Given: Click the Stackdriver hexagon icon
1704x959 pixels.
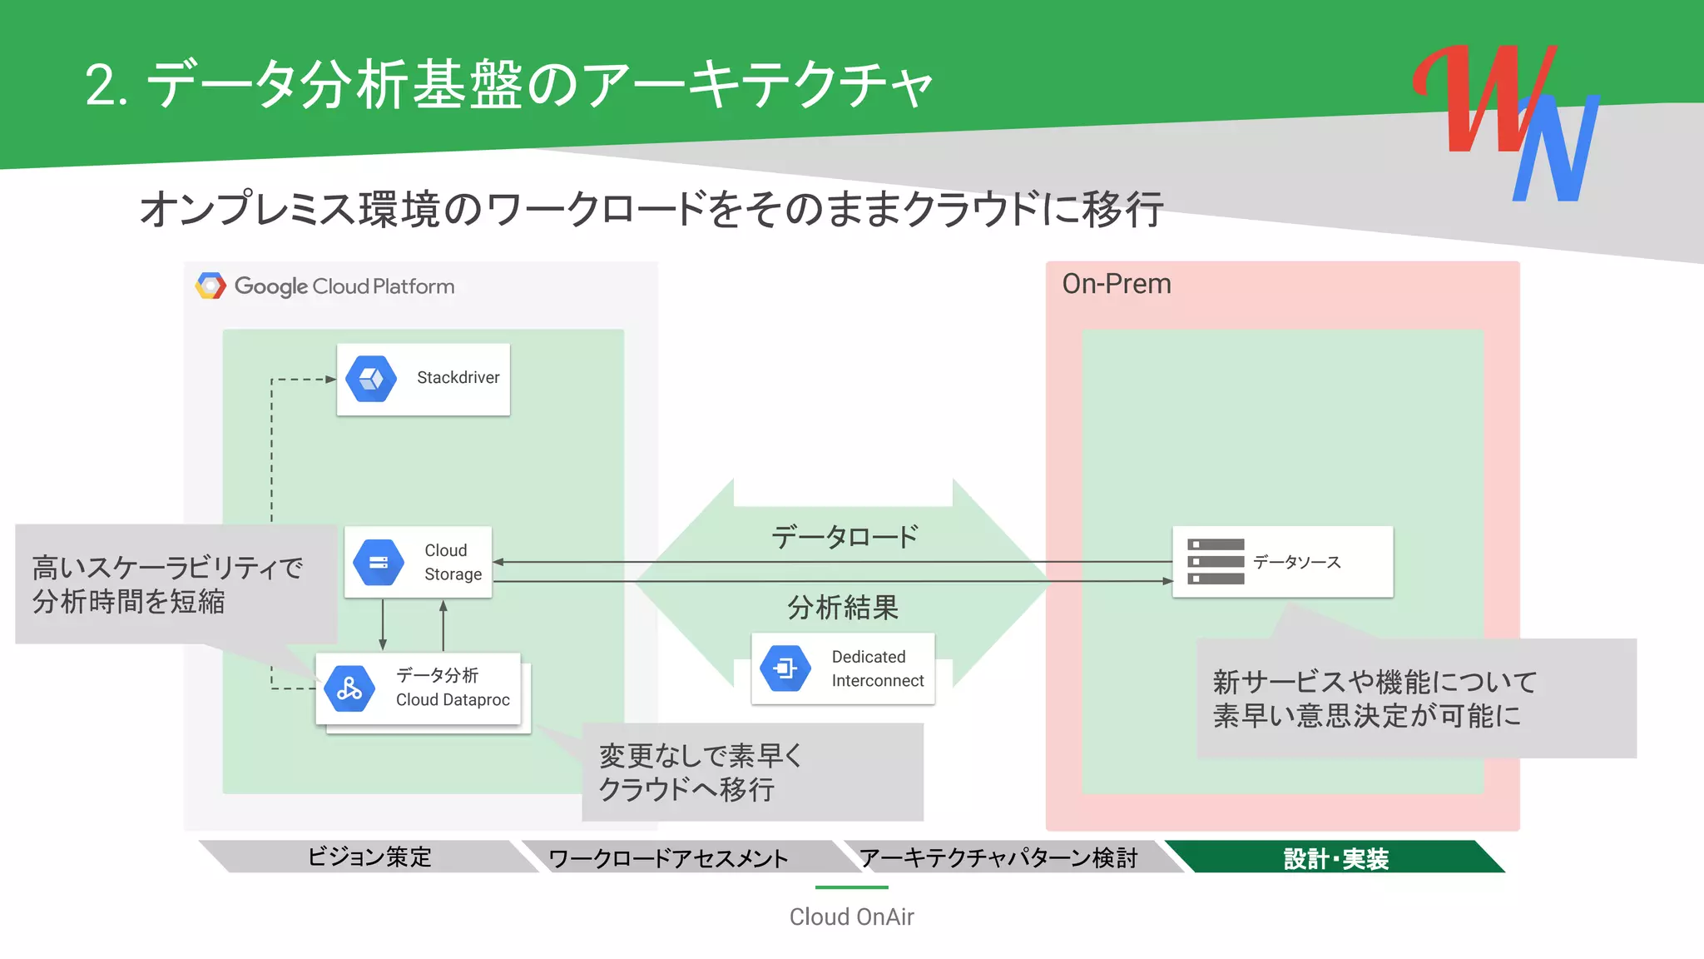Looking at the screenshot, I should pyautogui.click(x=371, y=379).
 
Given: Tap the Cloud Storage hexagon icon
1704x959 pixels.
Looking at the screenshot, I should pyautogui.click(x=379, y=562).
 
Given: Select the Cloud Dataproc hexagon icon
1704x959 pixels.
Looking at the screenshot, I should pyautogui.click(x=349, y=688).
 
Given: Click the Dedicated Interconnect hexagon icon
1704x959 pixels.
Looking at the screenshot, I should pyautogui.click(x=785, y=668).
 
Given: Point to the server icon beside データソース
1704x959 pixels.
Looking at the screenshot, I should pyautogui.click(x=1216, y=562).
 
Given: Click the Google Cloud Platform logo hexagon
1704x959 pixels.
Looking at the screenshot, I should pyautogui.click(x=211, y=286).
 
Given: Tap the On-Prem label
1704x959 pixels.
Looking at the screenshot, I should pyautogui.click(x=1116, y=284).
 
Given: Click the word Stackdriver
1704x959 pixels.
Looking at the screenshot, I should pyautogui.click(x=458, y=378).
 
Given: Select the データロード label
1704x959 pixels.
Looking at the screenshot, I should pyautogui.click(x=845, y=537).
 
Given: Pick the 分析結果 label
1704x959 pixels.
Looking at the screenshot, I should pyautogui.click(x=843, y=608).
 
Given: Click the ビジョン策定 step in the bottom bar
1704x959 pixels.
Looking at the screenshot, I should pyautogui.click(x=369, y=857).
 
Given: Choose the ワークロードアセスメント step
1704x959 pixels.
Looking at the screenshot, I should pyautogui.click(x=668, y=858).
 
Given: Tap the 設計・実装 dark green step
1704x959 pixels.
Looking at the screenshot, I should pyautogui.click(x=1335, y=858).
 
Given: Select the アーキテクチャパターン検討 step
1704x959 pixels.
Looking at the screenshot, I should pyautogui.click(x=998, y=858).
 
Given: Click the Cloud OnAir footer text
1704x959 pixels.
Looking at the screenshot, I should pyautogui.click(x=851, y=917).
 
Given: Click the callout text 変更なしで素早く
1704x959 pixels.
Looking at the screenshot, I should pyautogui.click(x=701, y=756).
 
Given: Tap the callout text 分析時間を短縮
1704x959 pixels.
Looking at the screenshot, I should pyautogui.click(x=129, y=602).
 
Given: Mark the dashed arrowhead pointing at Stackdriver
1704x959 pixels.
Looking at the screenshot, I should pyautogui.click(x=331, y=380).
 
